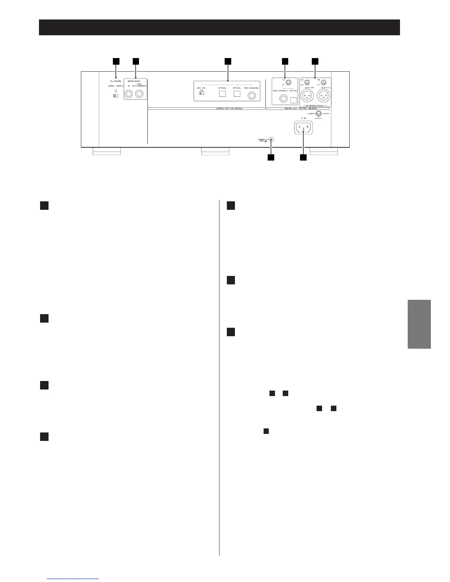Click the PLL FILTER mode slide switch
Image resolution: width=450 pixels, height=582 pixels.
[115, 96]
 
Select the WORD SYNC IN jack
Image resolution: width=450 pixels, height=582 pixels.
[129, 94]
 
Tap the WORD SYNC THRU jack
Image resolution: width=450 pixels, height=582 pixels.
[139, 94]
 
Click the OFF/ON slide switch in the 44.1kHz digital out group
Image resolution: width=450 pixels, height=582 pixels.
[201, 93]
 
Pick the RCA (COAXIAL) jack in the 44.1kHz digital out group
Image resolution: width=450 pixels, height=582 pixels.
[252, 96]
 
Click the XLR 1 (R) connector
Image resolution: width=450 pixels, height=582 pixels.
[306, 96]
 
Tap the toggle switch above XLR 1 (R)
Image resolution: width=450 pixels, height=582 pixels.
[307, 82]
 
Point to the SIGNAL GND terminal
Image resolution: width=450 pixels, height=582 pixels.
[271, 140]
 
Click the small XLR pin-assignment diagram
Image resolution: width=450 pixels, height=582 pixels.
[319, 114]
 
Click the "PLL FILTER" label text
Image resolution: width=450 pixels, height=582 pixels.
[115, 81]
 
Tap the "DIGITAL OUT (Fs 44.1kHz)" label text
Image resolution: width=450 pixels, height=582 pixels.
[207, 108]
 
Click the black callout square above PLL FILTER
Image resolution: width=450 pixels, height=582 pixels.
[116, 61]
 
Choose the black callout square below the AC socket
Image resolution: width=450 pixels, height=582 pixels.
[303, 158]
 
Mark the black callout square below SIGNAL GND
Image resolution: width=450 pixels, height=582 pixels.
[271, 158]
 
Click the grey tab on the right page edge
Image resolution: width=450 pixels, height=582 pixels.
[419, 324]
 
